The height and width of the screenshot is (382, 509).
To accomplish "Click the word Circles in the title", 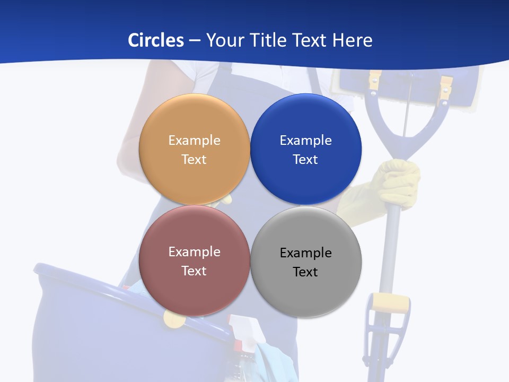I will [x=156, y=40].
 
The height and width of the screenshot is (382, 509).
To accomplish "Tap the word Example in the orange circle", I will [x=194, y=141].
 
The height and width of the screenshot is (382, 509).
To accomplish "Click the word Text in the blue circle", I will [x=305, y=160].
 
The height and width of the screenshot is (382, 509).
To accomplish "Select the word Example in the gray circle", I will [x=305, y=253].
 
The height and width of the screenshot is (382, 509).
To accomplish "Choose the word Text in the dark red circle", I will [x=194, y=271].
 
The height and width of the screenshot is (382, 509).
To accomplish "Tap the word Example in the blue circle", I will [x=305, y=141].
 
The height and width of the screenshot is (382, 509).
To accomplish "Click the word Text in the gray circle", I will [x=305, y=272].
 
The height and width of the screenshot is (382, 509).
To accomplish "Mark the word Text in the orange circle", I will [x=194, y=160].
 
